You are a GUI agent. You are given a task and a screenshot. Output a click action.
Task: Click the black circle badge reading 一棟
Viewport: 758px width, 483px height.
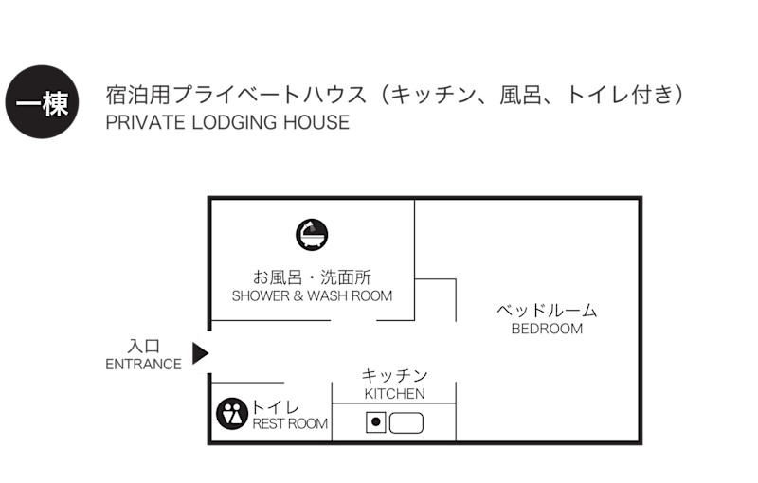41,102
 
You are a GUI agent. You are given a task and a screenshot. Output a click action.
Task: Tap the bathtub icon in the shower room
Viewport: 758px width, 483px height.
312,234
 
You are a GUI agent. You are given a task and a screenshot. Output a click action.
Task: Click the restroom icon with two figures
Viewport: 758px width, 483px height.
232,414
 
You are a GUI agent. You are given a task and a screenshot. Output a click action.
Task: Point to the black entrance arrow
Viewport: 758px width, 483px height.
199,353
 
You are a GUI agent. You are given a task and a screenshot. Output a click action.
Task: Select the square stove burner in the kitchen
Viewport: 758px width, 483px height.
376,422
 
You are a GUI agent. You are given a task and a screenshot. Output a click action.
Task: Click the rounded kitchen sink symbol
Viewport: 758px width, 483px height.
406,422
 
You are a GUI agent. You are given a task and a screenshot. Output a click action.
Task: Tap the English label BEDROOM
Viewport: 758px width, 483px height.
547,330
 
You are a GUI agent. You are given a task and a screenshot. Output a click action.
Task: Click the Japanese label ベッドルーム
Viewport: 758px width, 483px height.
548,311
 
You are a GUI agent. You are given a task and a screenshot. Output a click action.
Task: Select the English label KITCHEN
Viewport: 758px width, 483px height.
394,394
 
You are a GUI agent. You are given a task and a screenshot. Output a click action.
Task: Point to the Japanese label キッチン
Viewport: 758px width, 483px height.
394,376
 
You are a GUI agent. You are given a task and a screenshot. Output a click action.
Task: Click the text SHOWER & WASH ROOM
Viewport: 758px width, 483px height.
312,295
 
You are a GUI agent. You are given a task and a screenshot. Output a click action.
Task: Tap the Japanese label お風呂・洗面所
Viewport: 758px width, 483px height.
312,277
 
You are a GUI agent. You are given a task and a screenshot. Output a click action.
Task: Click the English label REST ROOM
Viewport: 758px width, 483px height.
290,424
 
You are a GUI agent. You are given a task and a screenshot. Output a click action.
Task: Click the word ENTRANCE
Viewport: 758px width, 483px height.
143,365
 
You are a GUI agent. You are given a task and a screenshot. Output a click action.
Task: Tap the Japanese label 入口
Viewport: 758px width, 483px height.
143,347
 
